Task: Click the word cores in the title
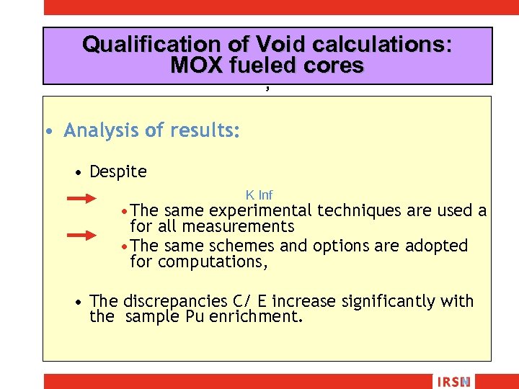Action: (x=335, y=66)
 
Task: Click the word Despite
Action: (x=118, y=171)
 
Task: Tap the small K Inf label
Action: (x=259, y=195)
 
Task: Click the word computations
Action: (x=213, y=262)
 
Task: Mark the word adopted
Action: (x=437, y=246)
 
